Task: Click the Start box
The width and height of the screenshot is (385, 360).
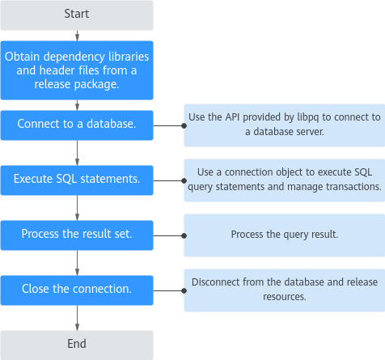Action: [x=77, y=15]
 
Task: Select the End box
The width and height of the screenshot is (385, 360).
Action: [x=77, y=345]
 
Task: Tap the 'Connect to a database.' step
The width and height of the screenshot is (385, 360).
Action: [x=77, y=125]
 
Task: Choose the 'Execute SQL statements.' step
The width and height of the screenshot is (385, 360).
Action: [x=77, y=180]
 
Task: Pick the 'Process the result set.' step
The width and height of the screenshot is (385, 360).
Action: [x=77, y=235]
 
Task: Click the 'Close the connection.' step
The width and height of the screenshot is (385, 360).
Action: [x=77, y=290]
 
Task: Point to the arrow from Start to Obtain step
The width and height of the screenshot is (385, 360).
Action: [x=77, y=36]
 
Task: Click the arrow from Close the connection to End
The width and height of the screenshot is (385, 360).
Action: [x=77, y=318]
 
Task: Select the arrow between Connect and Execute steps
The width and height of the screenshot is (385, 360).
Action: [x=77, y=153]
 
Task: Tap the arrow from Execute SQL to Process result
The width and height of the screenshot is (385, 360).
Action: [x=77, y=208]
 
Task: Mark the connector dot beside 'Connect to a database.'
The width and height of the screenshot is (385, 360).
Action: [x=184, y=125]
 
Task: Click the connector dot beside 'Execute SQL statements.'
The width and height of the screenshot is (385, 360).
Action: [x=184, y=180]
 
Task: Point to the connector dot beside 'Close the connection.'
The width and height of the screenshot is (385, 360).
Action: [x=184, y=290]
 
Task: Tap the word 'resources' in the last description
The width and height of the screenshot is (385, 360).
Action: [x=285, y=297]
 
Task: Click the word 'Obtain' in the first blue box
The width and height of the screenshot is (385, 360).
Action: [x=23, y=57]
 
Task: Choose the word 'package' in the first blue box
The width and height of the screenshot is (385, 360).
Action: [x=96, y=85]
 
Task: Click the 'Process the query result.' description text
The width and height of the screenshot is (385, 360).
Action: [x=285, y=235]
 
